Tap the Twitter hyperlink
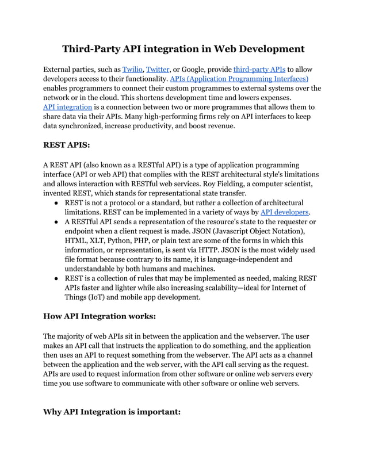[x=158, y=69]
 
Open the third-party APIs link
[x=258, y=69]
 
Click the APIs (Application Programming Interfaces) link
[x=239, y=79]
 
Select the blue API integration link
[x=67, y=107]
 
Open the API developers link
[x=285, y=212]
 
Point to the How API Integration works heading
[x=100, y=316]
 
